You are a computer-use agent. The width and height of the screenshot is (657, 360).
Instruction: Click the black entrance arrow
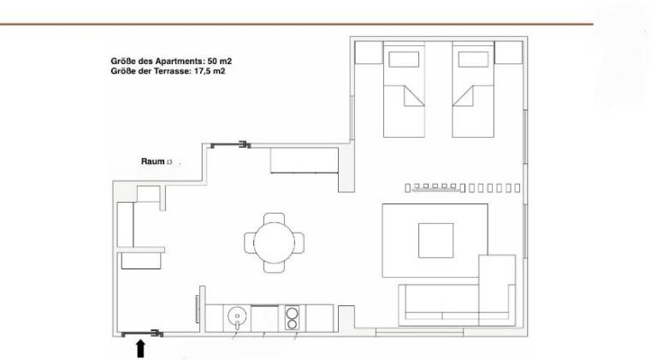pyautogui.click(x=141, y=349)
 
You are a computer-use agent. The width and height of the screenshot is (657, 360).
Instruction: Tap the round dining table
pyautogui.click(x=274, y=243)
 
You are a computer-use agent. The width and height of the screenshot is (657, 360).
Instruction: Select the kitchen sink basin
pyautogui.click(x=237, y=317)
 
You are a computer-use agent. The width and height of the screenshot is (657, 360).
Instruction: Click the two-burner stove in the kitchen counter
pyautogui.click(x=292, y=318)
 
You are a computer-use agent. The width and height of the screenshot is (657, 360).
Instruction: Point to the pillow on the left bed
pyautogui.click(x=404, y=60)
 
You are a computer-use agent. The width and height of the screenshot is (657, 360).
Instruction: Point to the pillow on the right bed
pyautogui.click(x=473, y=60)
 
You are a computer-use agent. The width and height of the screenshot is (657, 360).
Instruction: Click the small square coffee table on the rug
pyautogui.click(x=435, y=240)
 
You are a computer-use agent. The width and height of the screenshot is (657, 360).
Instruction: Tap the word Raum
pyautogui.click(x=152, y=162)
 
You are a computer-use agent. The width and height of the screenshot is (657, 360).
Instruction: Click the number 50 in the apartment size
pyautogui.click(x=212, y=61)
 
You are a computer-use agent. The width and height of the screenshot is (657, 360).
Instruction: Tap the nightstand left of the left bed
pyautogui.click(x=369, y=52)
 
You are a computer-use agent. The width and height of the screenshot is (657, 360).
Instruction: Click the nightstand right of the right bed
pyautogui.click(x=509, y=52)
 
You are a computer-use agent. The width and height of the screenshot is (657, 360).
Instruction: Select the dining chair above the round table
pyautogui.click(x=274, y=218)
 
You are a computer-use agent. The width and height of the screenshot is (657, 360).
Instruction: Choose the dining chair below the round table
pyautogui.click(x=274, y=268)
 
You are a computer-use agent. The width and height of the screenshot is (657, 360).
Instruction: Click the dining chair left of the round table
pyautogui.click(x=249, y=243)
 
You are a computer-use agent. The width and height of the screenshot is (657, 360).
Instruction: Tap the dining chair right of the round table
pyautogui.click(x=299, y=243)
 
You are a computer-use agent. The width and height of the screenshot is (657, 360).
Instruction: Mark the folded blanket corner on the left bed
pyautogui.click(x=414, y=96)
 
